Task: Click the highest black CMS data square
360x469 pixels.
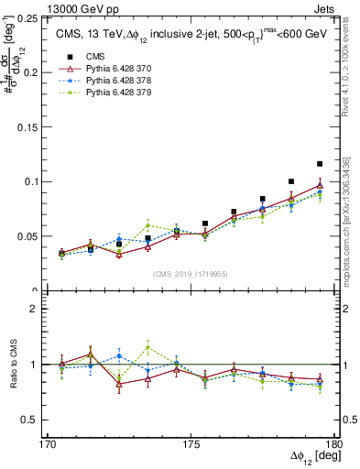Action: point(320,164)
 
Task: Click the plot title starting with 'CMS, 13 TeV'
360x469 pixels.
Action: point(188,35)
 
